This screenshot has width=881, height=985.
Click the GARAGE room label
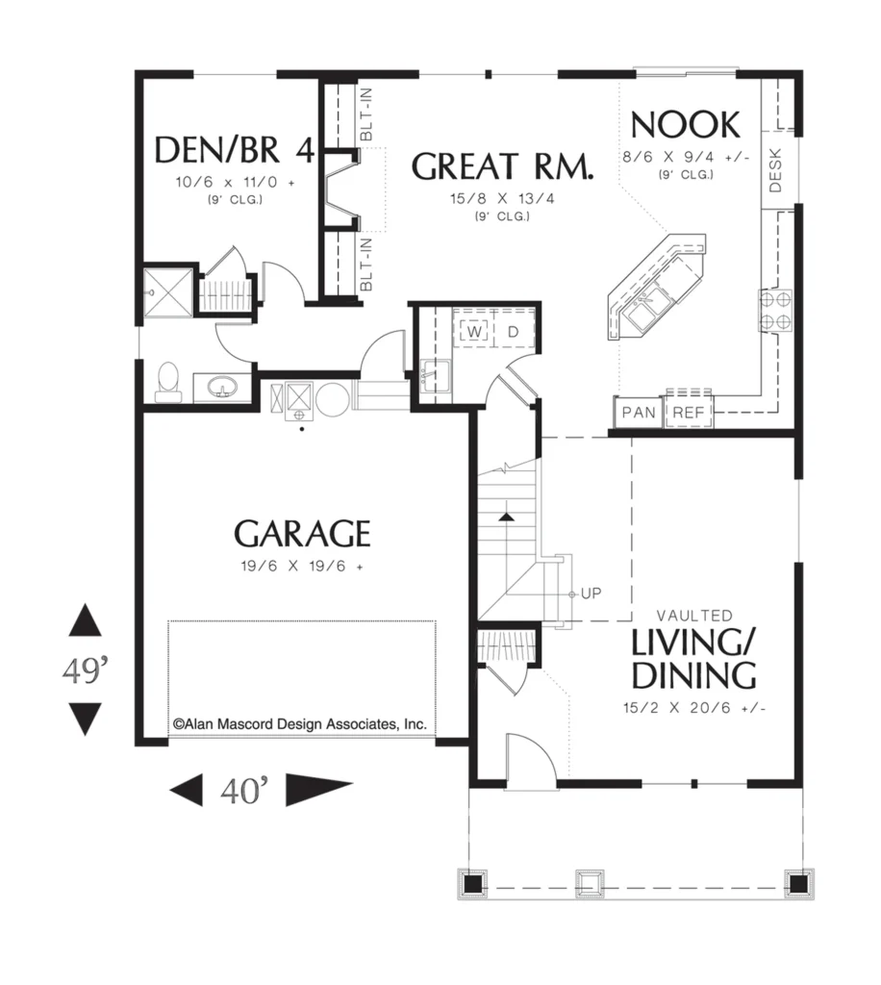[302, 534]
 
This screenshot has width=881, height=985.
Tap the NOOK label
[685, 124]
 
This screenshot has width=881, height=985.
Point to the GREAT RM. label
[502, 166]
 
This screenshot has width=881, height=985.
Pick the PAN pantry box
[638, 412]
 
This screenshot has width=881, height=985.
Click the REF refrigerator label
[689, 413]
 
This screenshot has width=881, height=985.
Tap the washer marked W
[475, 331]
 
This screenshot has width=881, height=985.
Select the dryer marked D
[513, 331]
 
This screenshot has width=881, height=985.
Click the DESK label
[775, 170]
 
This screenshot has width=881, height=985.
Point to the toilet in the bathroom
[168, 381]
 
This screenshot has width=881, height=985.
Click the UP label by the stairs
[591, 593]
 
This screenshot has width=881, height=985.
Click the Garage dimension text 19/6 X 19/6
[302, 566]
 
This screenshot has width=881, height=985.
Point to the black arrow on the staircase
[506, 517]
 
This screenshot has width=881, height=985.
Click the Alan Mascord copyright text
[300, 723]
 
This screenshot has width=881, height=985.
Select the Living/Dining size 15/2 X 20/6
[693, 707]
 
